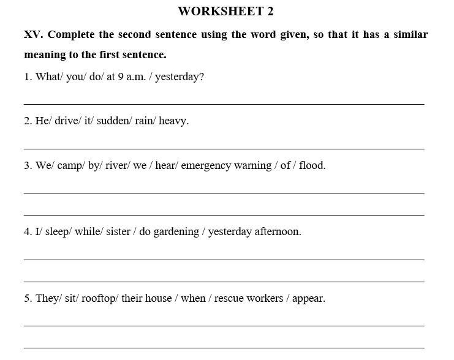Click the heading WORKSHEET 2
click(x=225, y=11)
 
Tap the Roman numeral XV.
click(x=33, y=34)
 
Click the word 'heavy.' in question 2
click(x=174, y=121)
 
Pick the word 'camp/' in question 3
click(x=70, y=165)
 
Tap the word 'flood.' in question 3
click(x=312, y=165)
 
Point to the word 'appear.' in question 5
click(x=309, y=299)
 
